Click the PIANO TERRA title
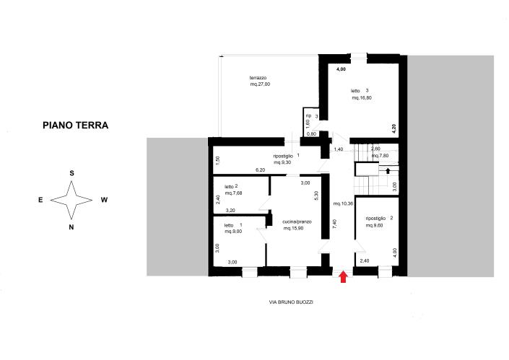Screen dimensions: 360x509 click(x=75, y=125)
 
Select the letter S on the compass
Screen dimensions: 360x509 click(x=71, y=173)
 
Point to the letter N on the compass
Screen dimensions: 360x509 click(x=71, y=227)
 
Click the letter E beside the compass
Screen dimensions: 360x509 click(x=40, y=200)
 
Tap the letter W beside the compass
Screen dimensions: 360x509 click(x=104, y=200)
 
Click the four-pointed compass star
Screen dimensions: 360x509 click(x=71, y=200)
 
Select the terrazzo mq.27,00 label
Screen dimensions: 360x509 click(x=259, y=84)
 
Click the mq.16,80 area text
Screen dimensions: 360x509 click(x=362, y=97)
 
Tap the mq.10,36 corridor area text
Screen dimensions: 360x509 click(x=342, y=204)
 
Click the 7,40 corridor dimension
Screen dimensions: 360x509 click(x=334, y=224)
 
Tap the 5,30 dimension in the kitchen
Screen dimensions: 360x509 click(x=316, y=194)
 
